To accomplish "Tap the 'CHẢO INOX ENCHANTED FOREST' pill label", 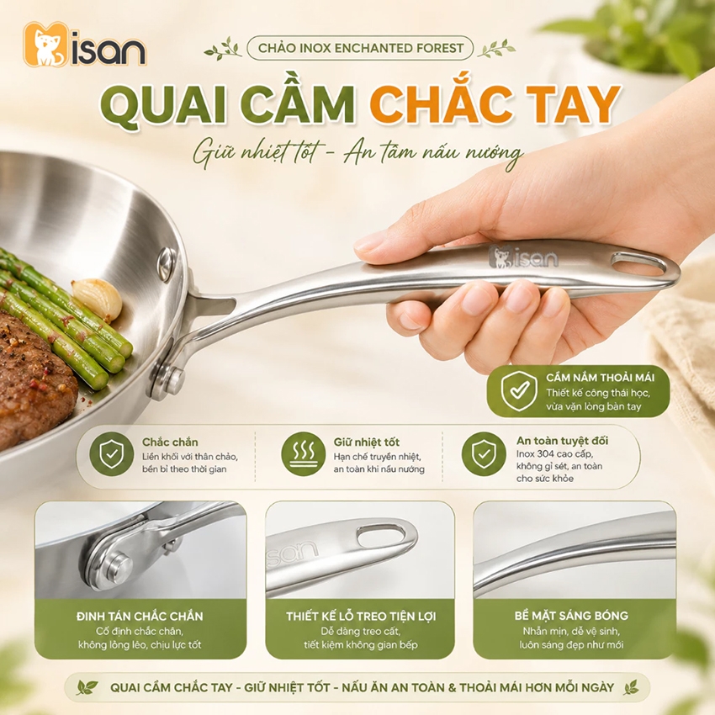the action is (360, 48).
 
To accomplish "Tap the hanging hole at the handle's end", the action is (638, 264).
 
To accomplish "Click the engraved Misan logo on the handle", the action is (523, 257).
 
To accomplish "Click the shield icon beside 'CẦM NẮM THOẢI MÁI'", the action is (519, 391).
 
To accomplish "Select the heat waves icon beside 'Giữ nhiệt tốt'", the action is (303, 454).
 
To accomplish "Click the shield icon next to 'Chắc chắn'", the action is (111, 454).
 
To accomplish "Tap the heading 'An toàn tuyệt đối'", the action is (562, 441).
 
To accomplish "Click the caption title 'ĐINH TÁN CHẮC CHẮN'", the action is (140, 616).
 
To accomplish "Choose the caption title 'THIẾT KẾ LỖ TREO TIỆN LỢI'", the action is (361, 616).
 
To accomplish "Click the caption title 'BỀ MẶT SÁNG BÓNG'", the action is (571, 616).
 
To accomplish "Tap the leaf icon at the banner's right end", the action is (631, 686).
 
